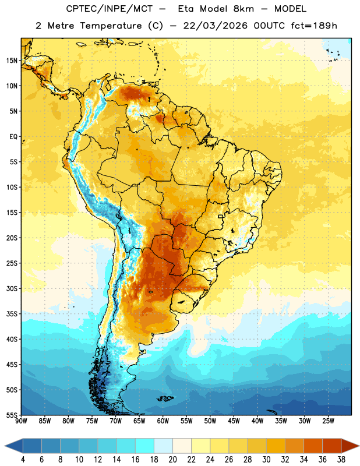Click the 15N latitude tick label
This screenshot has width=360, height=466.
point(12,61)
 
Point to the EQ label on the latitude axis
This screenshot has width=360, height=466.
point(13,137)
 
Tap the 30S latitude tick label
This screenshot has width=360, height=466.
point(12,288)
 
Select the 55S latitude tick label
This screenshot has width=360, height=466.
point(12,415)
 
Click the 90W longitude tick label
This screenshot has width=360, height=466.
point(21,421)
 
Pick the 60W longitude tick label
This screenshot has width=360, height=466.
point(163,421)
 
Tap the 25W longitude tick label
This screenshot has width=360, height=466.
point(328,421)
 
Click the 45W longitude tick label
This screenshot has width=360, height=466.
point(234,421)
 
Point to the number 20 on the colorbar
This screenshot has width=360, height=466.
point(172,460)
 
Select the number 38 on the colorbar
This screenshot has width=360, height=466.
point(341,460)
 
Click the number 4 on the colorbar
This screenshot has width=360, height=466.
point(23,460)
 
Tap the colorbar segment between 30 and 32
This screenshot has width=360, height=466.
point(276,446)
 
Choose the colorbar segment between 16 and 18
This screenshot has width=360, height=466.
point(144,446)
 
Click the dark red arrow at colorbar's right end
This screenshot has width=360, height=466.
point(350,446)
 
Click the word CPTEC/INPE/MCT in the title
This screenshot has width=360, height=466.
point(110,9)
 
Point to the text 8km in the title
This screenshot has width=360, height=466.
point(243,9)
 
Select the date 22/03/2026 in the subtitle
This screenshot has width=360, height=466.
point(215,26)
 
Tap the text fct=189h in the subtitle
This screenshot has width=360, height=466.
point(314,26)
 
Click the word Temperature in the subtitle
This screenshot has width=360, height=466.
point(111,26)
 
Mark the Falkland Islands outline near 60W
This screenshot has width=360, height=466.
point(165,398)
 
